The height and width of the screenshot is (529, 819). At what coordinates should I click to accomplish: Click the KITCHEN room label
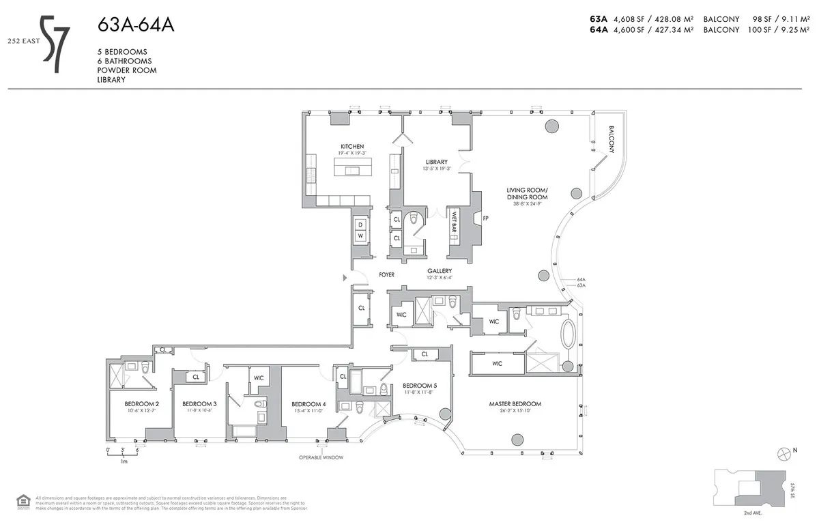tap(352, 147)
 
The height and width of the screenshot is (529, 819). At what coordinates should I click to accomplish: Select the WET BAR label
tap(454, 224)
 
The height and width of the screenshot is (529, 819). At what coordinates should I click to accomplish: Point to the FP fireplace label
tap(486, 219)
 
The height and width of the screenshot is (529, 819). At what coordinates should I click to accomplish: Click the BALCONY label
tap(612, 141)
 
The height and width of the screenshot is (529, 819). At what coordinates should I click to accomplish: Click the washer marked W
tap(360, 235)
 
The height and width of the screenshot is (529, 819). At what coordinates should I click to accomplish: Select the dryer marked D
tap(360, 223)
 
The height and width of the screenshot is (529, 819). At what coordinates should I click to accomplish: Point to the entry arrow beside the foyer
tap(344, 278)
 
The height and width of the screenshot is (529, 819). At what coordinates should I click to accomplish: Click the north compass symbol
tap(784, 453)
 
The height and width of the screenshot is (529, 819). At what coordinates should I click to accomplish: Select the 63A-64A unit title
tap(136, 26)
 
